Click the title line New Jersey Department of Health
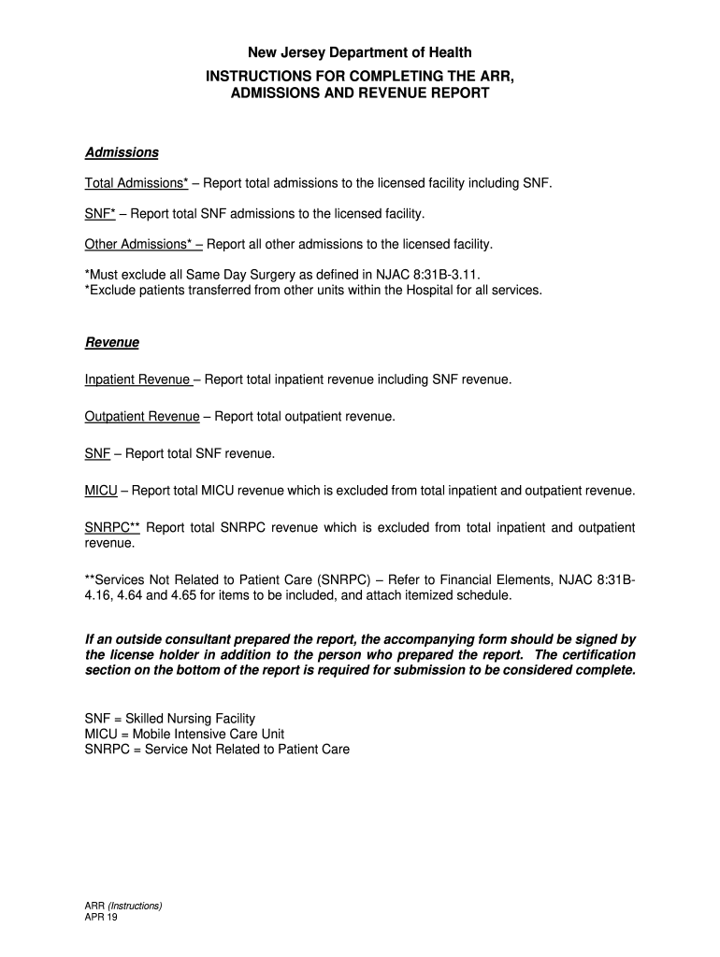[x=360, y=52]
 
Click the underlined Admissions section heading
[x=122, y=152]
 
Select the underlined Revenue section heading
[x=112, y=343]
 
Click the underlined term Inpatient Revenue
[x=137, y=379]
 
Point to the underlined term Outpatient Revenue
[x=142, y=417]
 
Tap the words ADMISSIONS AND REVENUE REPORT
[x=360, y=93]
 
